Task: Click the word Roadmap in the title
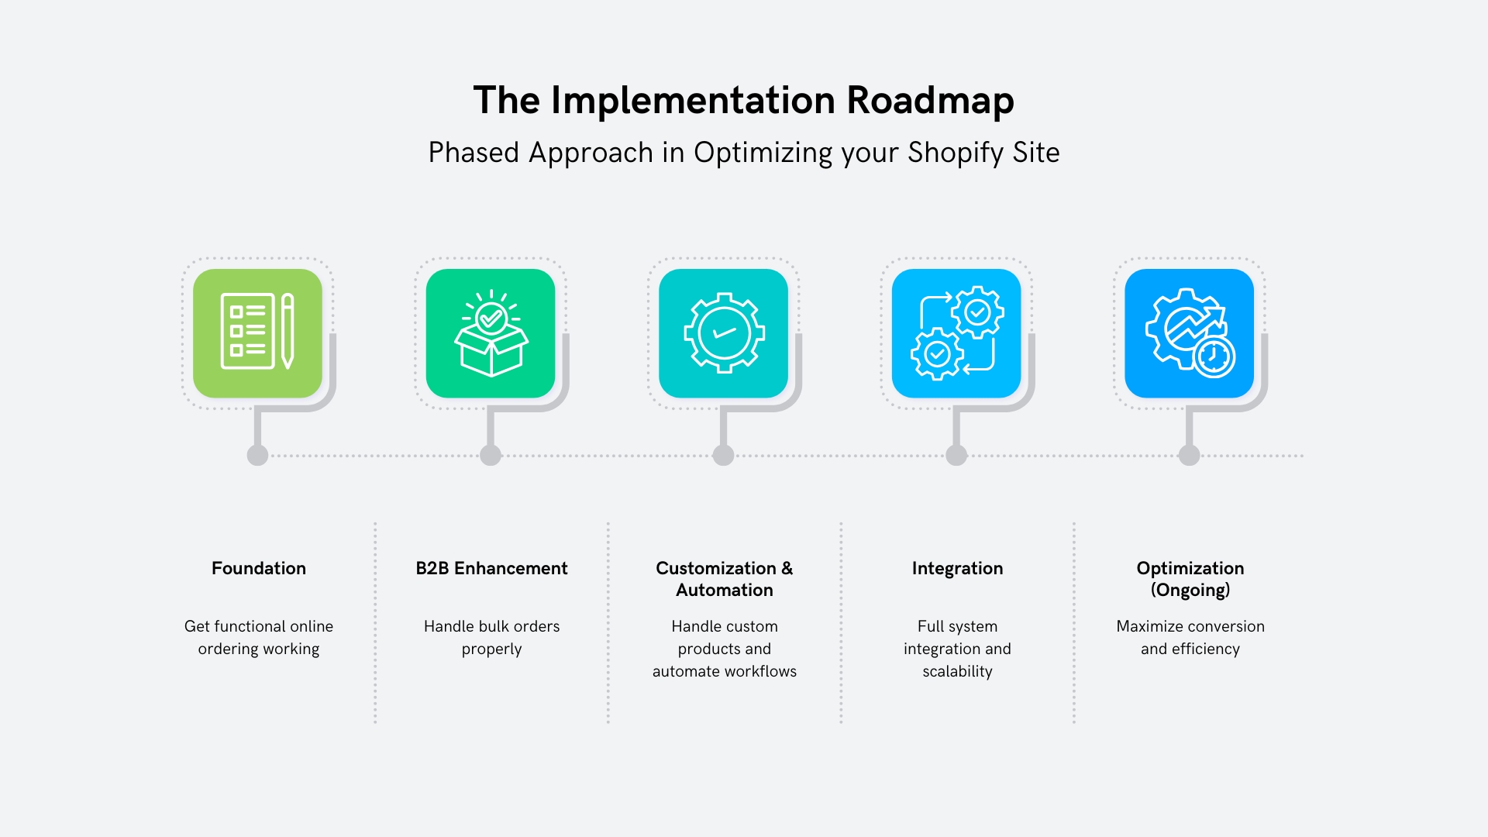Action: pyautogui.click(x=929, y=101)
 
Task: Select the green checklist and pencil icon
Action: pyautogui.click(x=257, y=333)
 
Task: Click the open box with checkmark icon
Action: pyautogui.click(x=491, y=333)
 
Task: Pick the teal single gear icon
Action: pyautogui.click(x=724, y=333)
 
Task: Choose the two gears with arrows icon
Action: pyautogui.click(x=956, y=333)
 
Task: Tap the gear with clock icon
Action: pyautogui.click(x=1189, y=333)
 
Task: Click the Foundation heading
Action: pyautogui.click(x=258, y=568)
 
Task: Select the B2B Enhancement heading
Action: pyautogui.click(x=491, y=568)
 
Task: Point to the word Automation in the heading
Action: pyautogui.click(x=724, y=591)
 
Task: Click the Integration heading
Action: pyautogui.click(x=957, y=568)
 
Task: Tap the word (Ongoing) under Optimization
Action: pyautogui.click(x=1190, y=591)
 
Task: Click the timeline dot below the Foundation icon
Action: pyautogui.click(x=257, y=456)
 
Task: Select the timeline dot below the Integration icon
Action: pyautogui.click(x=956, y=456)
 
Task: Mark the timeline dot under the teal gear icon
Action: pyautogui.click(x=723, y=456)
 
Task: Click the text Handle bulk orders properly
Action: pyautogui.click(x=491, y=637)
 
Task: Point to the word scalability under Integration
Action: pyautogui.click(x=957, y=671)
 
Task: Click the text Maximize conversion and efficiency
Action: pyautogui.click(x=1190, y=637)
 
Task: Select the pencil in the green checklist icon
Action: pyautogui.click(x=288, y=331)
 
